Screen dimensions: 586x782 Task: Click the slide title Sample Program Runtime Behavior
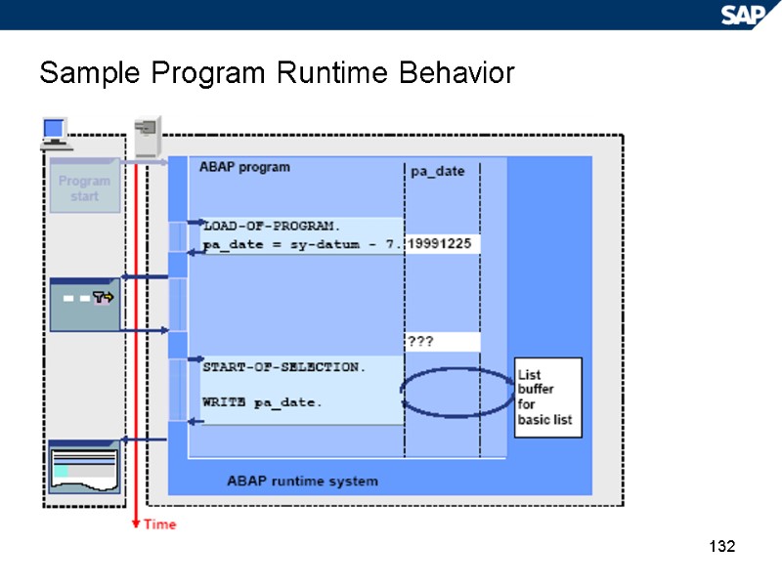coord(277,73)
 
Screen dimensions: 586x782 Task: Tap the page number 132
coord(721,546)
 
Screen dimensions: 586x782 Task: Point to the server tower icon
coord(148,136)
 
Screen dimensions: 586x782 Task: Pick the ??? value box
coord(442,342)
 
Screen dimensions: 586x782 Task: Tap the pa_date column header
coord(438,172)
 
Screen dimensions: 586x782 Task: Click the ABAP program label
coord(244,167)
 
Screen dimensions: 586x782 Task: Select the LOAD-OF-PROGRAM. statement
coord(271,226)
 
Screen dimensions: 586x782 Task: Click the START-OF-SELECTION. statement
coord(284,367)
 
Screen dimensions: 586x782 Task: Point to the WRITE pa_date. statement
coord(262,402)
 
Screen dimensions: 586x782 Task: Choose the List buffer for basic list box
coord(547,397)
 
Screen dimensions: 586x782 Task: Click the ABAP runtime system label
coord(302,481)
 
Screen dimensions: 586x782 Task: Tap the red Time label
coord(160,524)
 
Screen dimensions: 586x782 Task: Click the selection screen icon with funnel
coord(85,304)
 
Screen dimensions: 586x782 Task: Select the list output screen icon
coord(85,466)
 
